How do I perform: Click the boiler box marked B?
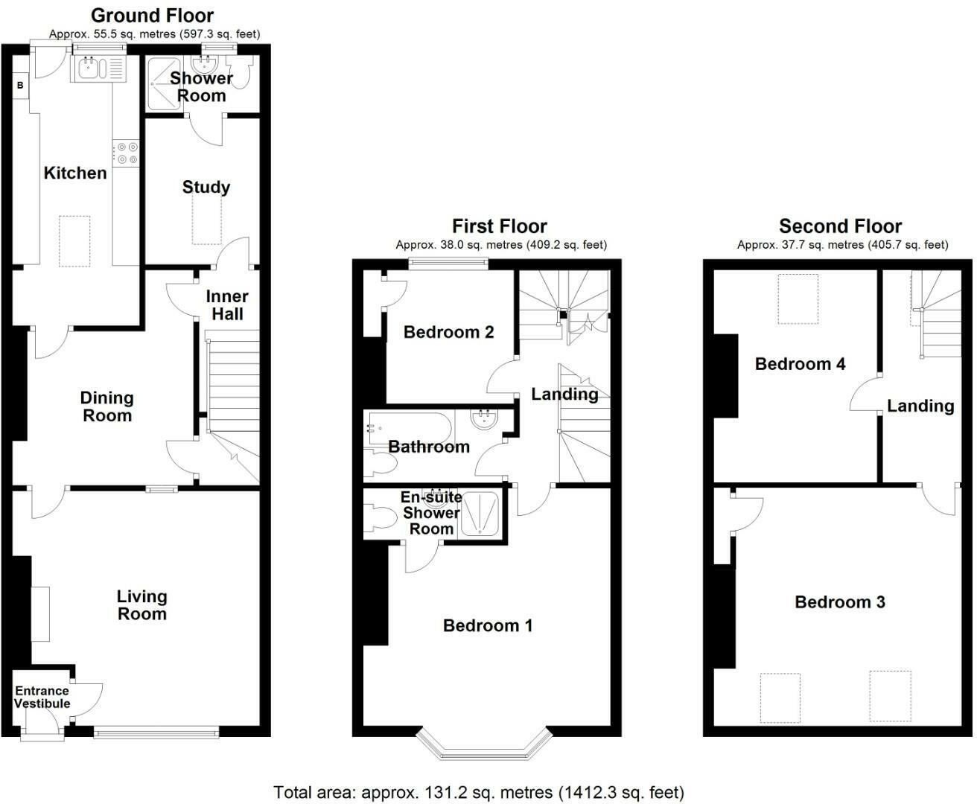(x=20, y=86)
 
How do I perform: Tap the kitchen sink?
(x=98, y=68)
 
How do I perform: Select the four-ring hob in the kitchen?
(x=126, y=153)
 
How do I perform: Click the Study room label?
(x=206, y=187)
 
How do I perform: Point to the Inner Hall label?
(x=227, y=305)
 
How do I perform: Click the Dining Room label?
(x=107, y=406)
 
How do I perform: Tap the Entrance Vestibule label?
(x=42, y=697)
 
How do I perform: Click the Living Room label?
(x=141, y=604)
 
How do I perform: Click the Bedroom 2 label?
(x=448, y=332)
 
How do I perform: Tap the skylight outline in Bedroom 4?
(x=798, y=299)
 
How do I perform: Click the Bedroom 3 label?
(x=840, y=602)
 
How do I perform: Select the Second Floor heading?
(x=840, y=226)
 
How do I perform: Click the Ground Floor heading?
(x=153, y=16)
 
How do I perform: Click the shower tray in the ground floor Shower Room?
(x=164, y=84)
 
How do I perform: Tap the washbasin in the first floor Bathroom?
(x=484, y=418)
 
